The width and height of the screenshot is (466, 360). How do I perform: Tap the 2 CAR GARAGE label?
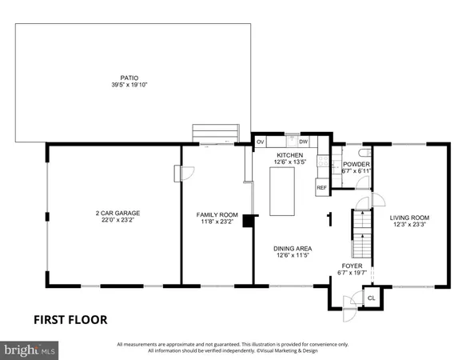point(115,213)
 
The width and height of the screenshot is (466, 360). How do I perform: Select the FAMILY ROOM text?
point(217,214)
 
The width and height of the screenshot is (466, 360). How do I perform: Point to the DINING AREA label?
point(293,248)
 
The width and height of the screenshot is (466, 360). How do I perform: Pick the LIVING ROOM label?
point(409,218)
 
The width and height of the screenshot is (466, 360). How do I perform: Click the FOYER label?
point(352,266)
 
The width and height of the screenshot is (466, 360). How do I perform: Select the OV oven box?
point(261,142)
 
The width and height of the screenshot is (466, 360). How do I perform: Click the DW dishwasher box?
point(304,142)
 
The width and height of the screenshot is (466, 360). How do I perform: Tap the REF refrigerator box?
point(321,188)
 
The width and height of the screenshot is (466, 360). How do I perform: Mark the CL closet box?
point(371,298)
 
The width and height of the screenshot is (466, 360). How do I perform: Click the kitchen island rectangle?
point(284,192)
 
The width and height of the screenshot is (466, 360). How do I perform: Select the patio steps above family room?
point(215,132)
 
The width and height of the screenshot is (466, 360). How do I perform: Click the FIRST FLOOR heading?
point(70,319)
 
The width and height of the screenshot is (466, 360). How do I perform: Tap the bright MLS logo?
point(30,350)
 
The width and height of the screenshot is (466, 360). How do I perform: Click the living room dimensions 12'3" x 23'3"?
point(409,225)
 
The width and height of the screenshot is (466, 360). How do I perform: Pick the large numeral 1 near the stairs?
point(329,217)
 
